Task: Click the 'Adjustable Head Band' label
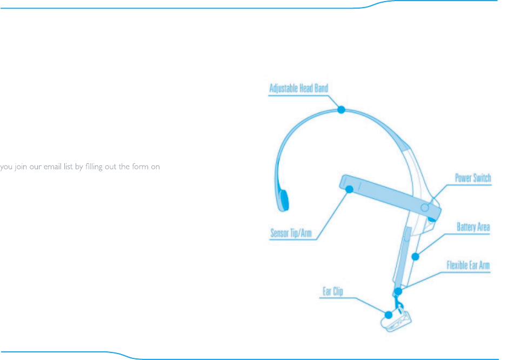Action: click(x=298, y=88)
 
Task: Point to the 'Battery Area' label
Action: click(x=473, y=227)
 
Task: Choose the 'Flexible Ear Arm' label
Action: click(x=468, y=266)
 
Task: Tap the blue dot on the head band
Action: click(x=341, y=110)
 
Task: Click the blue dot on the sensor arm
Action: click(x=349, y=189)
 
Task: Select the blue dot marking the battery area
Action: click(x=415, y=256)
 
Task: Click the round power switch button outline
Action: click(x=425, y=207)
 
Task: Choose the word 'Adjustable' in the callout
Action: click(x=285, y=88)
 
